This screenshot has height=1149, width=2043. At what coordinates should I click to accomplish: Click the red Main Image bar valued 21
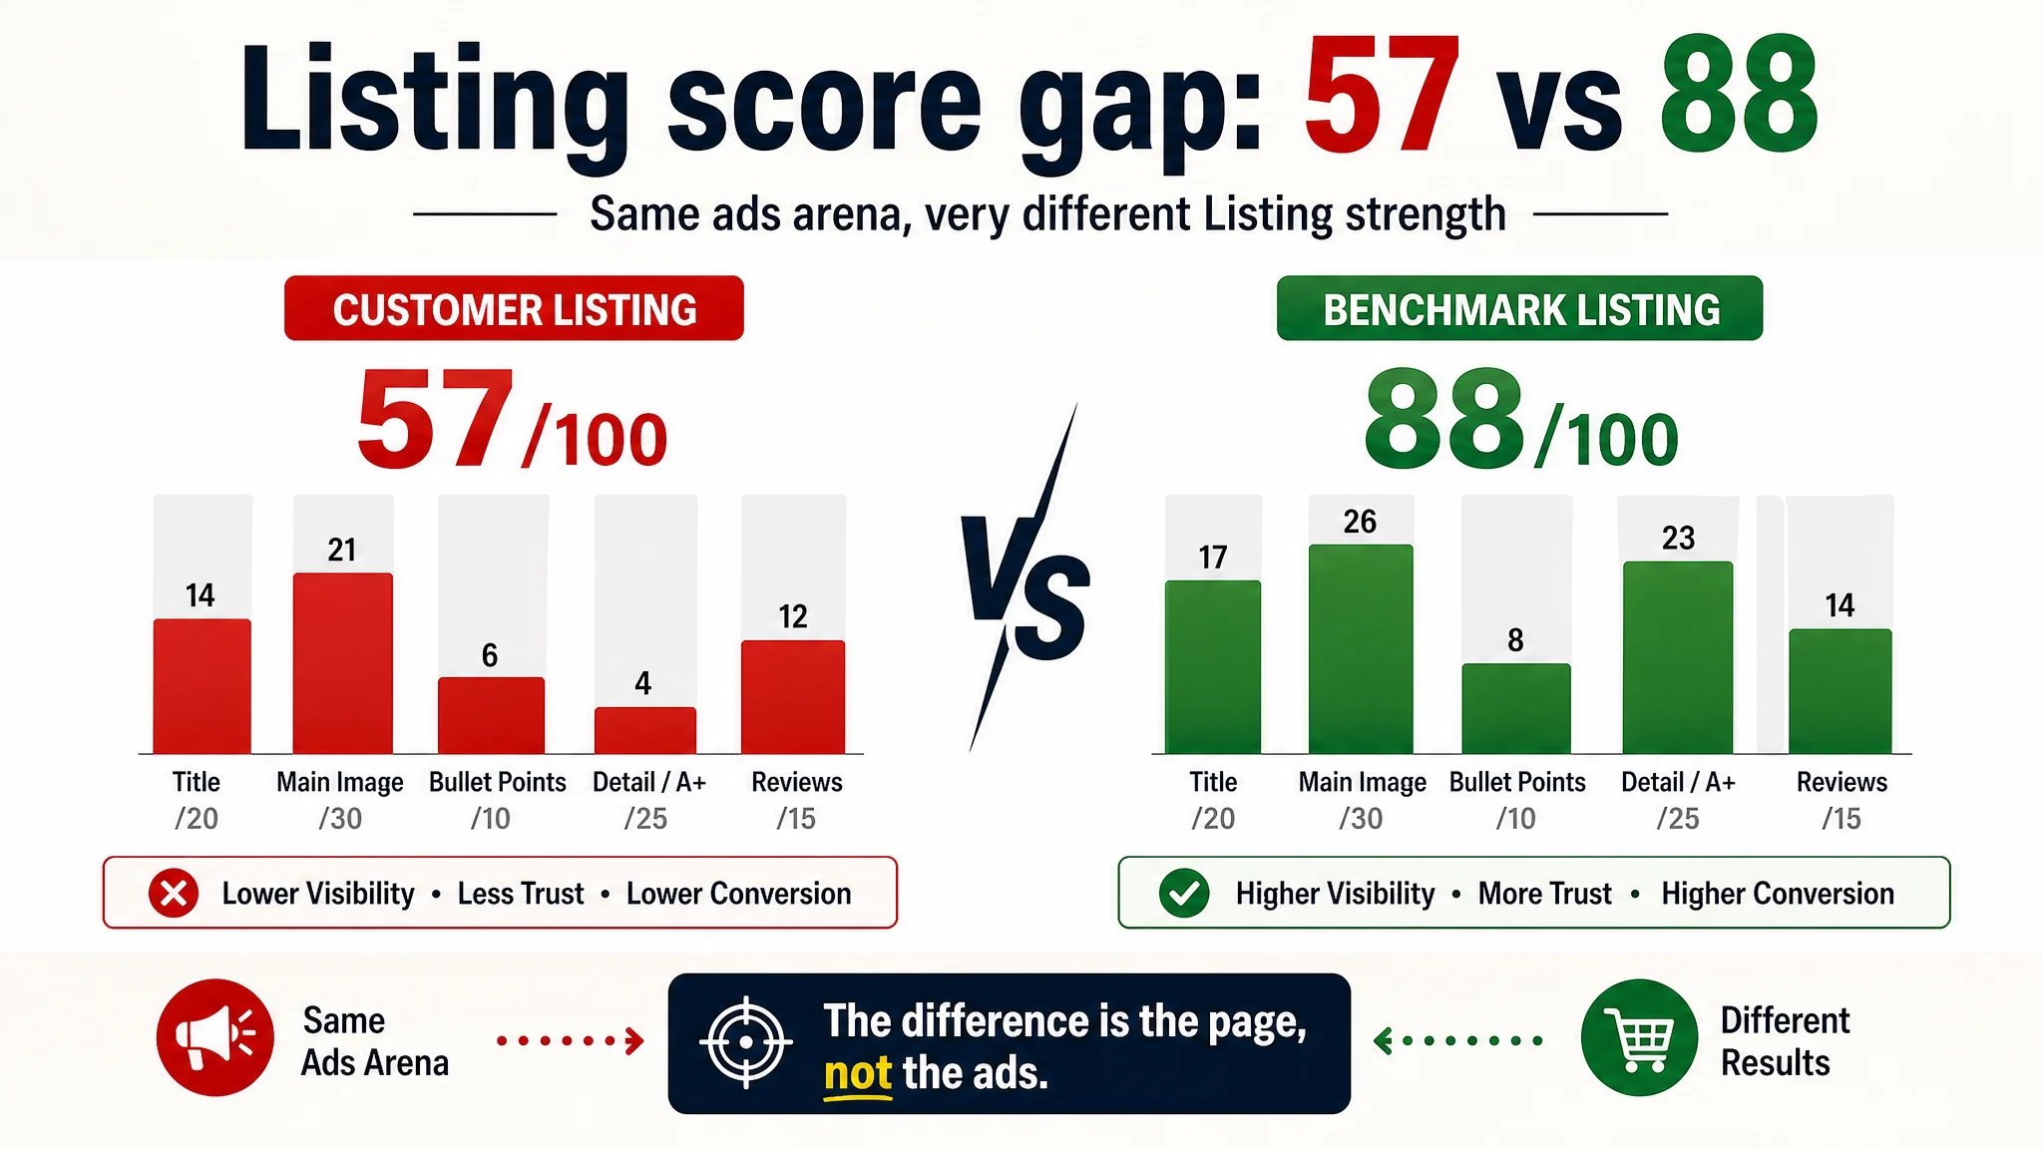[342, 663]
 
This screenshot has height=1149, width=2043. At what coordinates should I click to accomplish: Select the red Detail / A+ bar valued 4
[645, 730]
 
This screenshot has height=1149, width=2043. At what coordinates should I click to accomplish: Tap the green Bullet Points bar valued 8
[1516, 708]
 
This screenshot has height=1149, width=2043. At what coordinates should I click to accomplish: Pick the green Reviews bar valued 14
[1840, 691]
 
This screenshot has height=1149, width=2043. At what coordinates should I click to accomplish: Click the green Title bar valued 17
[1213, 667]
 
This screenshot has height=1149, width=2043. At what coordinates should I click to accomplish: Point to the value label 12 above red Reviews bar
[793, 616]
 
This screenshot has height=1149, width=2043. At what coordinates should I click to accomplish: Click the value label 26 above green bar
[1360, 522]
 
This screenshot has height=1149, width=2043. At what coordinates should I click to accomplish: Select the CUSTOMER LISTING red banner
[514, 308]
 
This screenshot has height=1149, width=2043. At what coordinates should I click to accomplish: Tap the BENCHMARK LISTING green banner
[1519, 308]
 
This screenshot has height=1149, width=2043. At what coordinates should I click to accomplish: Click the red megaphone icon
[214, 1037]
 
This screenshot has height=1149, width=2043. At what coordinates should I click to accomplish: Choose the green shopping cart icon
[1639, 1037]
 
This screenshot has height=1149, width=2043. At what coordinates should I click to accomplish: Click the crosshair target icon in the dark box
[745, 1042]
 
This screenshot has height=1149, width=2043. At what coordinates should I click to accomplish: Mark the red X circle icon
[174, 893]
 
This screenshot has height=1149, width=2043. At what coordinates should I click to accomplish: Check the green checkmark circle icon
[1184, 893]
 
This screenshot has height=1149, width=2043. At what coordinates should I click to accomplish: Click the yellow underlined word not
[857, 1074]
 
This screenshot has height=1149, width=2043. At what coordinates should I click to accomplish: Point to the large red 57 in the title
[1382, 95]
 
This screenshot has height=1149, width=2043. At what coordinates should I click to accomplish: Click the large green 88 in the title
[1739, 95]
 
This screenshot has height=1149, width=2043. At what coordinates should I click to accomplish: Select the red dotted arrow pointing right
[571, 1041]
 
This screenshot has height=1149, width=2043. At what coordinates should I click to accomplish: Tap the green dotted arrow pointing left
[1457, 1041]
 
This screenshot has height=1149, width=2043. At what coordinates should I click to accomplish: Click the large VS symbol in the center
[1025, 578]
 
